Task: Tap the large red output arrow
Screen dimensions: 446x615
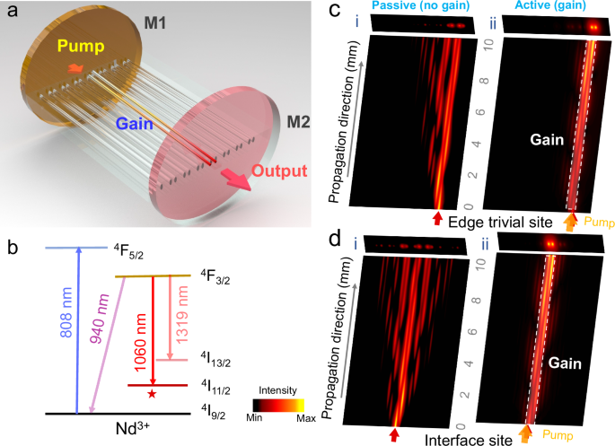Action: [x=236, y=178]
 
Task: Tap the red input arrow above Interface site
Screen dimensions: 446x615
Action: [x=394, y=434]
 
